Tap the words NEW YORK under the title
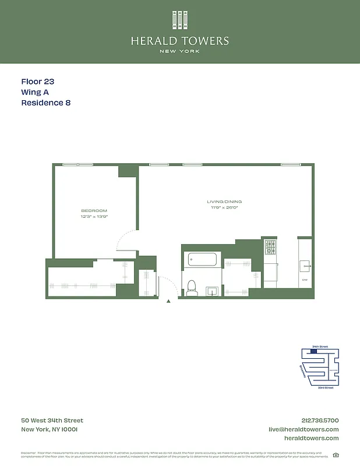180,51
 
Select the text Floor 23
37,82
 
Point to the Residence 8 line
46,103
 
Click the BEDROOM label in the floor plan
94,211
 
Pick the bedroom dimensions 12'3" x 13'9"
94,217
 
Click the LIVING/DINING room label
224,202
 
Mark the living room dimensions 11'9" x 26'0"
224,207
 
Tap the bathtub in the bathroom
202,259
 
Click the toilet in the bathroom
191,285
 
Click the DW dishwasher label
304,280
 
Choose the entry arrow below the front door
168,302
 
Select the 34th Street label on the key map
320,347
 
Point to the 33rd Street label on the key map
325,387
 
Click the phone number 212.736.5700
317,421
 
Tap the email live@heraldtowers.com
303,429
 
